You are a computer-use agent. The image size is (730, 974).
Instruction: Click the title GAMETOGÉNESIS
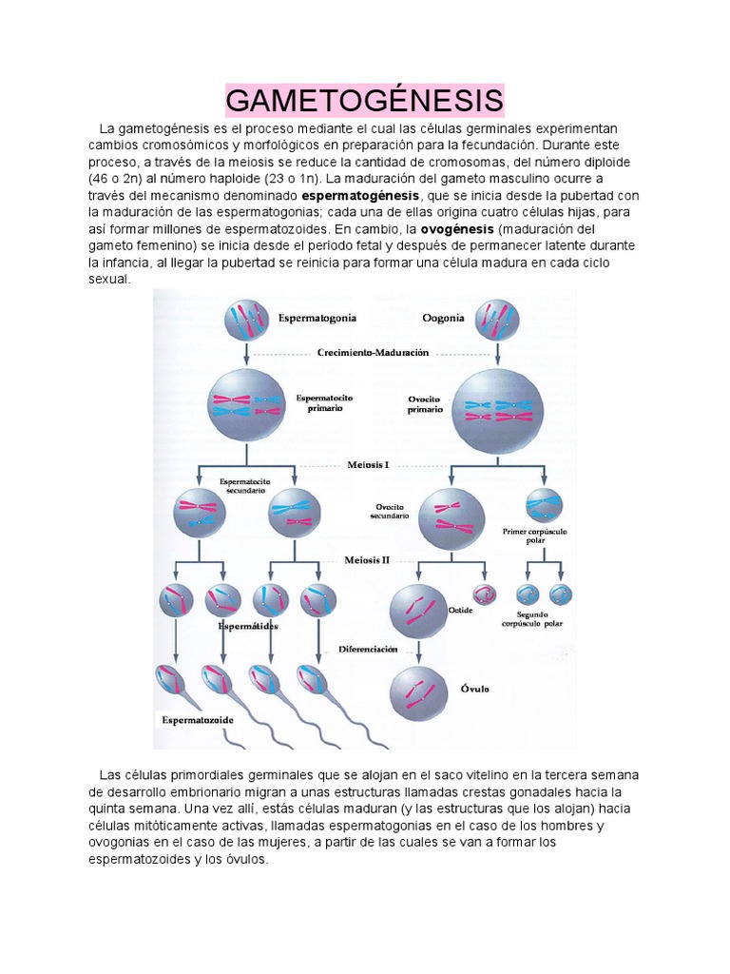(365, 100)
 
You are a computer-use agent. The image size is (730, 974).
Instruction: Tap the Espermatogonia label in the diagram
(316, 317)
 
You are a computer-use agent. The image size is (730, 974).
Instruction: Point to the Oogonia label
(442, 318)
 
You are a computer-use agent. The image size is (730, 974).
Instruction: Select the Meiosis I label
(368, 465)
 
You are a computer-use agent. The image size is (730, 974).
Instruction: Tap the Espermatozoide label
(197, 720)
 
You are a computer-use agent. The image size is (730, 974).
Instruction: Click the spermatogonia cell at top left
(247, 321)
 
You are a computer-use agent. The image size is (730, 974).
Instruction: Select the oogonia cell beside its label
(497, 321)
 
